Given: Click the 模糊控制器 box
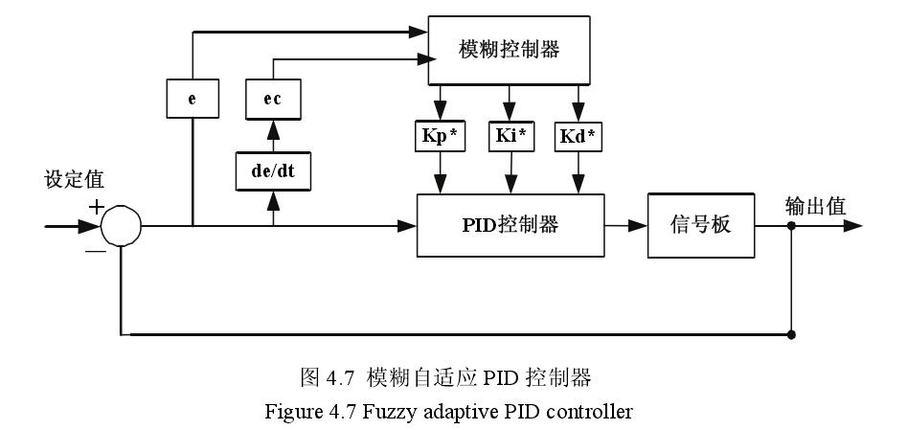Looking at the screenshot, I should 507,50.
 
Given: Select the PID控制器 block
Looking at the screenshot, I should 510,225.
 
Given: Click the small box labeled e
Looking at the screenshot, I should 192,98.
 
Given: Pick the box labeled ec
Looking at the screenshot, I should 273,98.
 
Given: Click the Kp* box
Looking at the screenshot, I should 442,136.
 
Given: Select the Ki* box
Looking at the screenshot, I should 510,136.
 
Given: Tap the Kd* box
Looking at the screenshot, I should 578,136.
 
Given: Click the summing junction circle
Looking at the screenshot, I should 121,226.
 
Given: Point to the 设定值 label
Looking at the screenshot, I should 74,180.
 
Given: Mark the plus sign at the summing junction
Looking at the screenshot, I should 96,207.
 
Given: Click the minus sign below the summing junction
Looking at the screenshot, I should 94,250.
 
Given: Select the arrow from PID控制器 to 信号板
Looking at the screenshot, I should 626,226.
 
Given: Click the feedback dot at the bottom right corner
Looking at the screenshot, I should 791,335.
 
